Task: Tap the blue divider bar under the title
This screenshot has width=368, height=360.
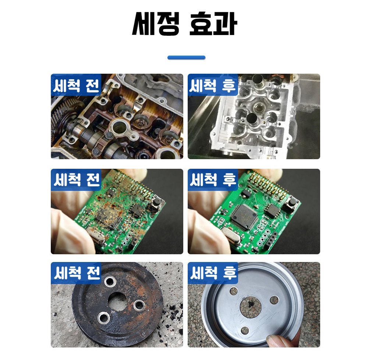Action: tap(186, 57)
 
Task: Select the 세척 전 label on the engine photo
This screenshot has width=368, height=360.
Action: tap(76, 85)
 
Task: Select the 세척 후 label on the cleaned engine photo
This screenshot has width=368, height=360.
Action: tap(213, 85)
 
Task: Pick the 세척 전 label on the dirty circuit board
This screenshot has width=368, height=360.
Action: tap(76, 179)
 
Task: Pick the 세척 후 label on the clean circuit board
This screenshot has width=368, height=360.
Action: tap(213, 179)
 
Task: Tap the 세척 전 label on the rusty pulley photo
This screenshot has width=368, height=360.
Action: tap(76, 273)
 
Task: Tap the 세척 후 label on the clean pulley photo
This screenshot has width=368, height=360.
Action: tap(213, 273)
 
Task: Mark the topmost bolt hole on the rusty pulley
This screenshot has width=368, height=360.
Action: tap(109, 282)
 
